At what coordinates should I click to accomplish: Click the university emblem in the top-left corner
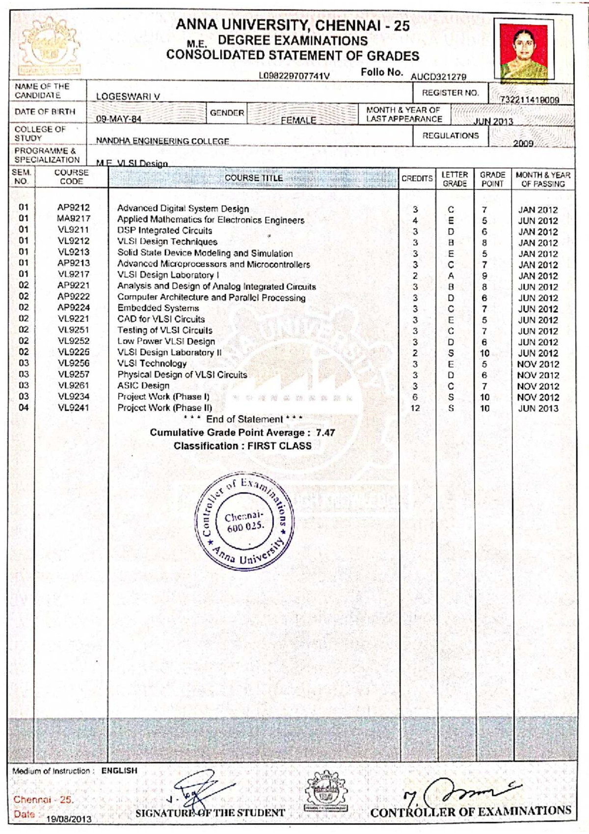(x=48, y=47)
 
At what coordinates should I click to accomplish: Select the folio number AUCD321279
(x=438, y=77)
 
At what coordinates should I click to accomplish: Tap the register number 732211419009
(x=530, y=100)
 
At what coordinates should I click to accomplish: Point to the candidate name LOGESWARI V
(x=128, y=97)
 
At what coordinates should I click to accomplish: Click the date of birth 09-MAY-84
(x=119, y=119)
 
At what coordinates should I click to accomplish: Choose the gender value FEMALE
(x=298, y=120)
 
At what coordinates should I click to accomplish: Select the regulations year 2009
(x=523, y=143)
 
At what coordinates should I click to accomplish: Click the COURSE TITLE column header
(x=253, y=178)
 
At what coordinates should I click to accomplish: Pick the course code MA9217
(x=74, y=219)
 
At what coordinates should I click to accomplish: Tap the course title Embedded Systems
(x=158, y=308)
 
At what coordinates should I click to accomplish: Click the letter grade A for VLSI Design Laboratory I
(x=451, y=276)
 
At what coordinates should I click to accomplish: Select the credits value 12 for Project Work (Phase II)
(x=415, y=408)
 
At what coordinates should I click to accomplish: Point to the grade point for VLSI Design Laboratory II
(x=484, y=353)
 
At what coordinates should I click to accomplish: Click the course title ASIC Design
(x=143, y=386)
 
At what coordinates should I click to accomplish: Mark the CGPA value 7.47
(x=325, y=433)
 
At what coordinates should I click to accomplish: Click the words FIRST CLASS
(x=279, y=446)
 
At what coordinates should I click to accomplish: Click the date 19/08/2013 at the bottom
(x=69, y=819)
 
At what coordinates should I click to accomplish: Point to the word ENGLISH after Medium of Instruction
(x=119, y=771)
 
